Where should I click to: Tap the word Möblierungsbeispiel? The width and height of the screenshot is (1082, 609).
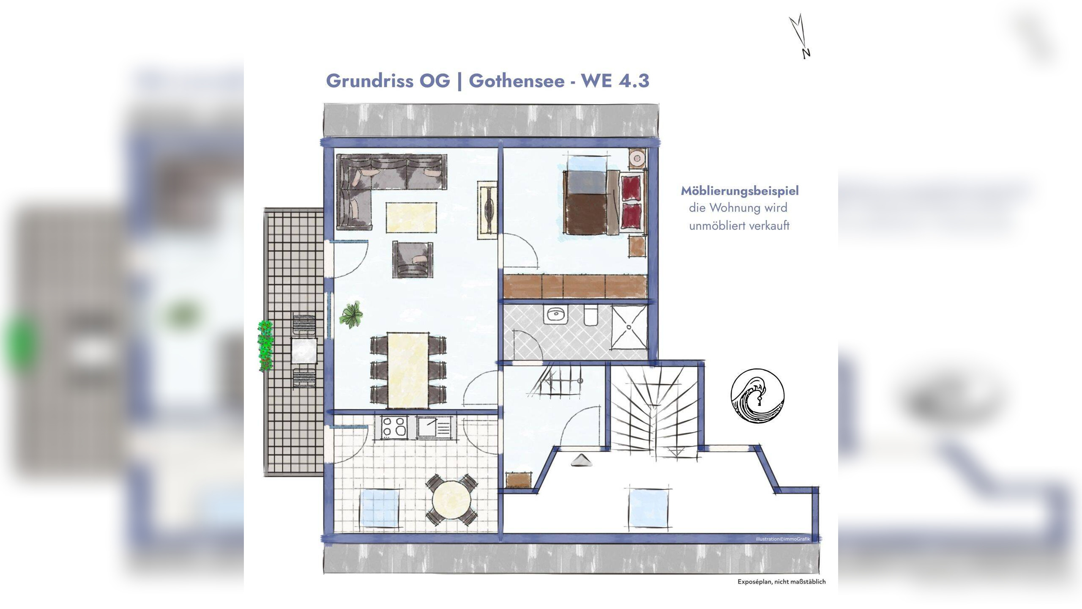[739, 191]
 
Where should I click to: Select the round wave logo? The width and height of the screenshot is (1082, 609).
[757, 395]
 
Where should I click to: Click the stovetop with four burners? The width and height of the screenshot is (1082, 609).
[394, 426]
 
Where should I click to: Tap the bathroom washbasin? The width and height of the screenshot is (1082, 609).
[556, 315]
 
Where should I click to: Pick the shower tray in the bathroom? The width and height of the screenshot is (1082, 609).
[629, 327]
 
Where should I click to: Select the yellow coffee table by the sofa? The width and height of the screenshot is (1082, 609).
[411, 217]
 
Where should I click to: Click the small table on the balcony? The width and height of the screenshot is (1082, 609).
[304, 351]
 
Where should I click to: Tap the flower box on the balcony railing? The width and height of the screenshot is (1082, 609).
[266, 346]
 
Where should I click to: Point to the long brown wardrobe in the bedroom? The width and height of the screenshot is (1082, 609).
[575, 286]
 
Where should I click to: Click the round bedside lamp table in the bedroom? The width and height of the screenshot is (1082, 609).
[637, 159]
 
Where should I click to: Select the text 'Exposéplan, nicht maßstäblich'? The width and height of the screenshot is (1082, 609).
[781, 582]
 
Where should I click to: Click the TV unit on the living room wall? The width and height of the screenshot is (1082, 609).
[487, 210]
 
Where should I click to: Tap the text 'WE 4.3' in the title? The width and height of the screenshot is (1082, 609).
[615, 80]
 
